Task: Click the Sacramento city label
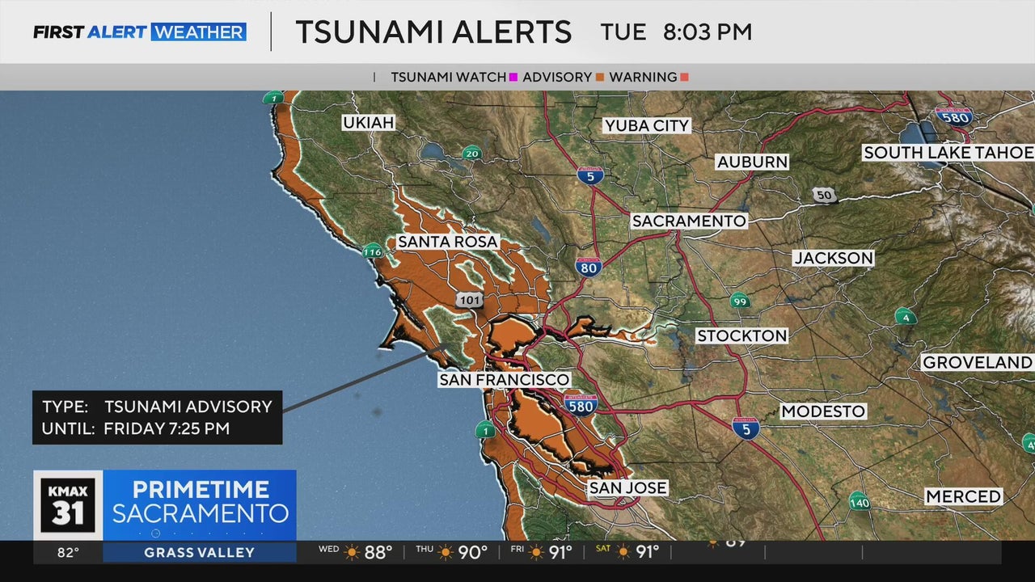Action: [689, 221]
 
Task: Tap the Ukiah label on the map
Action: [368, 123]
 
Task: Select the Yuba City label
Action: [646, 125]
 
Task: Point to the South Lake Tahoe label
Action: [948, 153]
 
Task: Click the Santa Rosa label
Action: [447, 242]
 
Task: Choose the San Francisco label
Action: [504, 379]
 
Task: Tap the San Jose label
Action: [627, 487]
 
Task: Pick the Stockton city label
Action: [741, 335]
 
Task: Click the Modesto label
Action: [823, 411]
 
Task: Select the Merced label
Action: [963, 496]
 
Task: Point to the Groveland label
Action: [977, 362]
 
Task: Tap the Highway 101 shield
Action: [469, 300]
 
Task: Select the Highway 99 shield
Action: [739, 301]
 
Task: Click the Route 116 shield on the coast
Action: [372, 251]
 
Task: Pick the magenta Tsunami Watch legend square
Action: [513, 78]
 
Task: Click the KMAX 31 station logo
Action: [68, 504]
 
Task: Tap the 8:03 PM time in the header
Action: [707, 32]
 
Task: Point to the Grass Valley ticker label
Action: [199, 553]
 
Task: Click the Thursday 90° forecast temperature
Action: [473, 553]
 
